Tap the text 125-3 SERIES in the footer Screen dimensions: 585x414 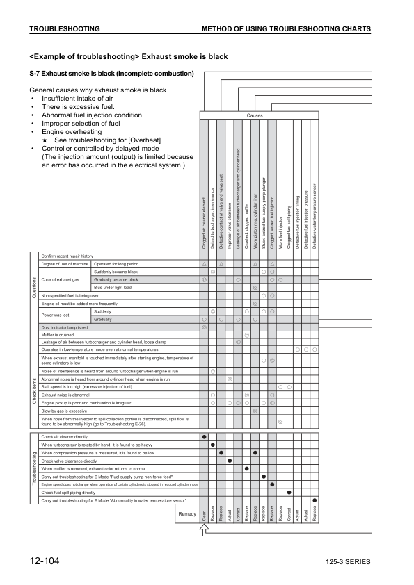tap(347, 562)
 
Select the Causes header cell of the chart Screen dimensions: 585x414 tap(255, 115)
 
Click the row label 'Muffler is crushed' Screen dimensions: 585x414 tap(58, 335)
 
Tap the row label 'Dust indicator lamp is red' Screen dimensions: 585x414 tap(65, 327)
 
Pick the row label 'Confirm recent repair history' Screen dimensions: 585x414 tap(67, 256)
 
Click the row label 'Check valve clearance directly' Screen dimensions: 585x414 tap(69, 461)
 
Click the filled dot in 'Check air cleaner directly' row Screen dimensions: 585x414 tap(204, 436)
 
